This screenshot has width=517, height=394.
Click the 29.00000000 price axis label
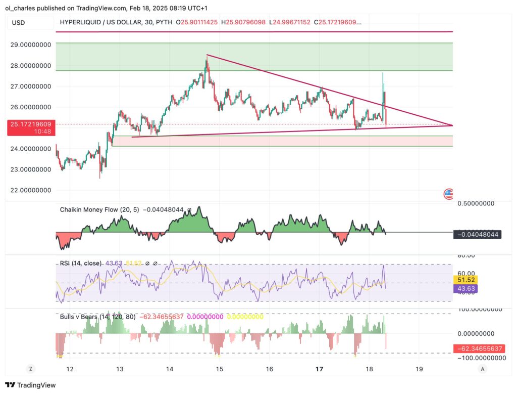30,45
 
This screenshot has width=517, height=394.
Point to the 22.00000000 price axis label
30,190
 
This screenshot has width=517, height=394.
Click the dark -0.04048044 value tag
477,235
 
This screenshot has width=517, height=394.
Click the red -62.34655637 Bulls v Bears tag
477,349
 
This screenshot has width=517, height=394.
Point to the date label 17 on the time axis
319,369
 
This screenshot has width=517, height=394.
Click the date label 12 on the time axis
70,369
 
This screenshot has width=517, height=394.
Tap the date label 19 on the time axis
419,369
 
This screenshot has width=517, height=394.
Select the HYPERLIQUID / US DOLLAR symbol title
114,22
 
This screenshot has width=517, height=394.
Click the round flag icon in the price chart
448,194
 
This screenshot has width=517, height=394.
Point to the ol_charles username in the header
18,8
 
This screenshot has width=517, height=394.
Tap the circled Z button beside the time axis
31,369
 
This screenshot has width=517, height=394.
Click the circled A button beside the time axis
483,369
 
